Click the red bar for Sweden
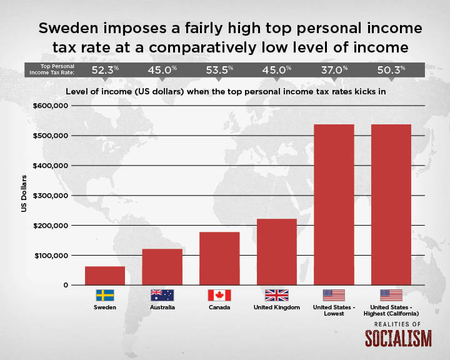point(105,276)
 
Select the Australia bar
point(162,267)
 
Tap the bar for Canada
point(219,258)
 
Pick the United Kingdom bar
point(277,252)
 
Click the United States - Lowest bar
point(334,205)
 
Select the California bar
point(391,205)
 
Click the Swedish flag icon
point(105,295)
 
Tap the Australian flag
point(162,295)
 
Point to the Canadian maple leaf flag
point(219,295)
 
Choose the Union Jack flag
point(277,295)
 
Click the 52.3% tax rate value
point(105,70)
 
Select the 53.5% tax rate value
point(219,70)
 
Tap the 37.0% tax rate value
point(334,70)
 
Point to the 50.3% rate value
point(391,70)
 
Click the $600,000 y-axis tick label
point(51,106)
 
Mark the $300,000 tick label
point(51,196)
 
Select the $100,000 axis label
point(51,256)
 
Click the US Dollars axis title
point(24,194)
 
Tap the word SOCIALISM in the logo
point(398,338)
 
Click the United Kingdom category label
point(277,307)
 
